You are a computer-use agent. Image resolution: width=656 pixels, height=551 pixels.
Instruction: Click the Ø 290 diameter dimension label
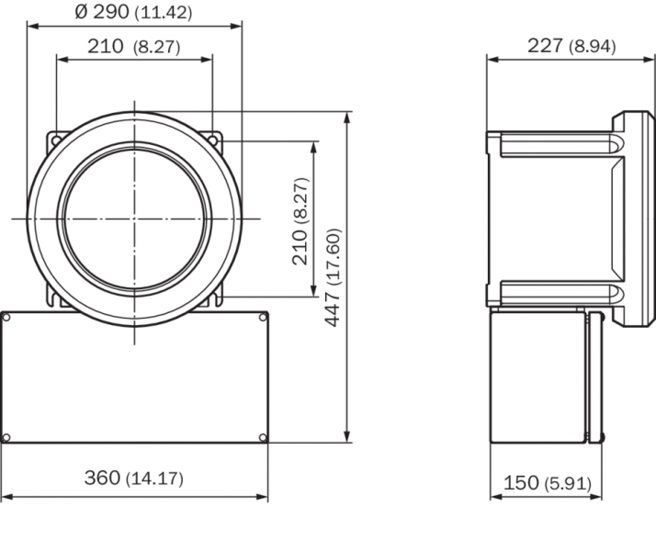[102, 12]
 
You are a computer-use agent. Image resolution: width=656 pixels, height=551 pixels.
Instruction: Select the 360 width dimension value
[102, 478]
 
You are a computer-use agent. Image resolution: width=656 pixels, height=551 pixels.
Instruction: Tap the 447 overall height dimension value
[333, 309]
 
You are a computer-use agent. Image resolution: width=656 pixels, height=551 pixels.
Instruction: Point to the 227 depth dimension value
[545, 45]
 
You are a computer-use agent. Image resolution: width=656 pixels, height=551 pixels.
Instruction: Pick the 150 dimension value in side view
[521, 483]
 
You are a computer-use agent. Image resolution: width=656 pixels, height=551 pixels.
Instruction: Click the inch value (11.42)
[164, 13]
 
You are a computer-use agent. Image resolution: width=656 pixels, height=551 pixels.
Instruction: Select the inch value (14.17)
[154, 478]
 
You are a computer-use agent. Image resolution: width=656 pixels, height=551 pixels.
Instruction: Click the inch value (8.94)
[593, 46]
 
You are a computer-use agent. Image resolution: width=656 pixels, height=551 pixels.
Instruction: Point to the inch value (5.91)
[568, 484]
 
